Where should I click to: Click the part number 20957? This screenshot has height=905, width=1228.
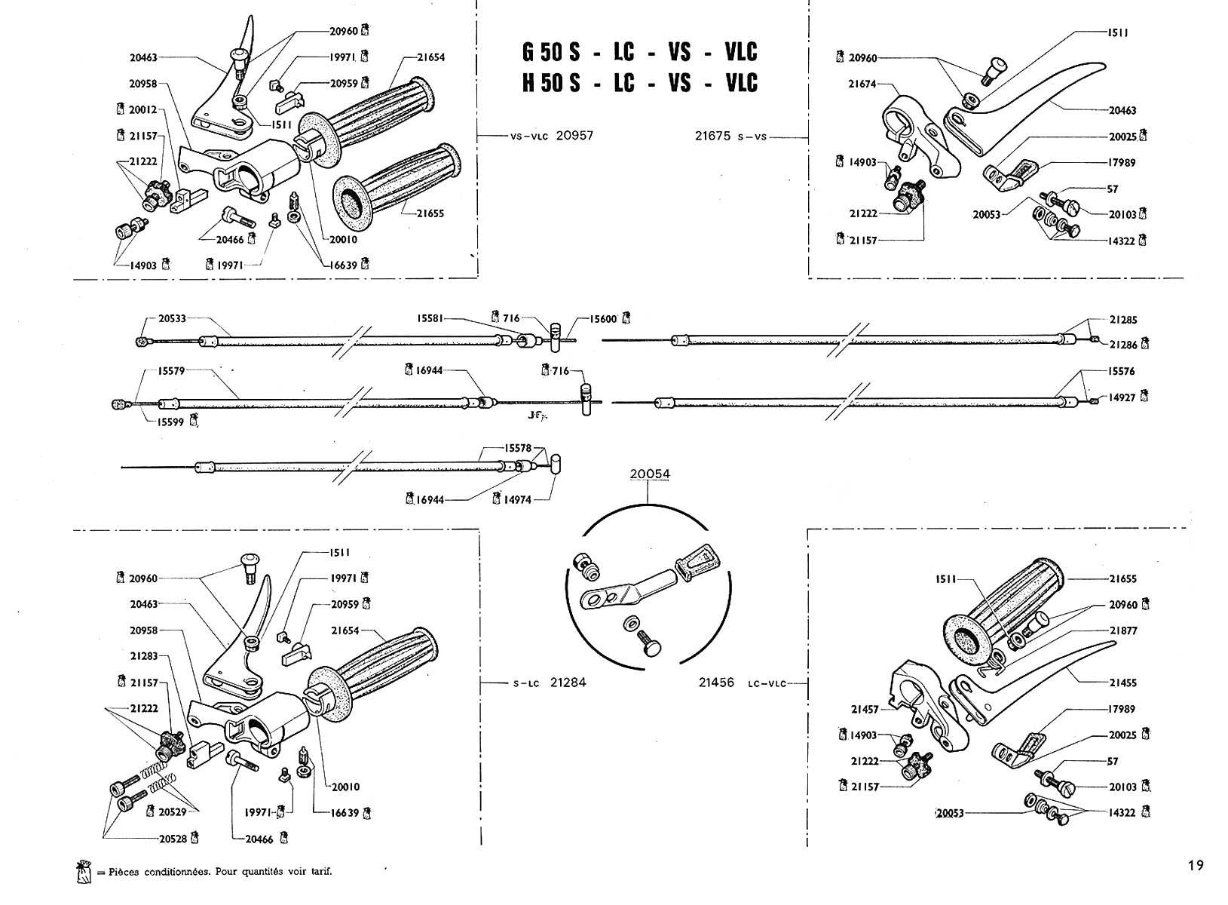pos(574,136)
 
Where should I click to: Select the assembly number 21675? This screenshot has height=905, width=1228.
pos(713,136)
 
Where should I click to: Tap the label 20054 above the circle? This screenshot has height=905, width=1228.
pos(650,474)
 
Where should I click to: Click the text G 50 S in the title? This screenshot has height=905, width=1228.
pos(550,52)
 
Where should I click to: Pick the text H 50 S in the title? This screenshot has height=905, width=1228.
pos(550,83)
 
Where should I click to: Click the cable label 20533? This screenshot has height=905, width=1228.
pos(173,318)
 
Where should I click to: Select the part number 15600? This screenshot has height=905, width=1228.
pos(604,319)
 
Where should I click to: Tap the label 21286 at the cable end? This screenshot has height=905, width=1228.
pos(1123,345)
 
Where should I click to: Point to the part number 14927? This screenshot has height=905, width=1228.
pos(1122,397)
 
